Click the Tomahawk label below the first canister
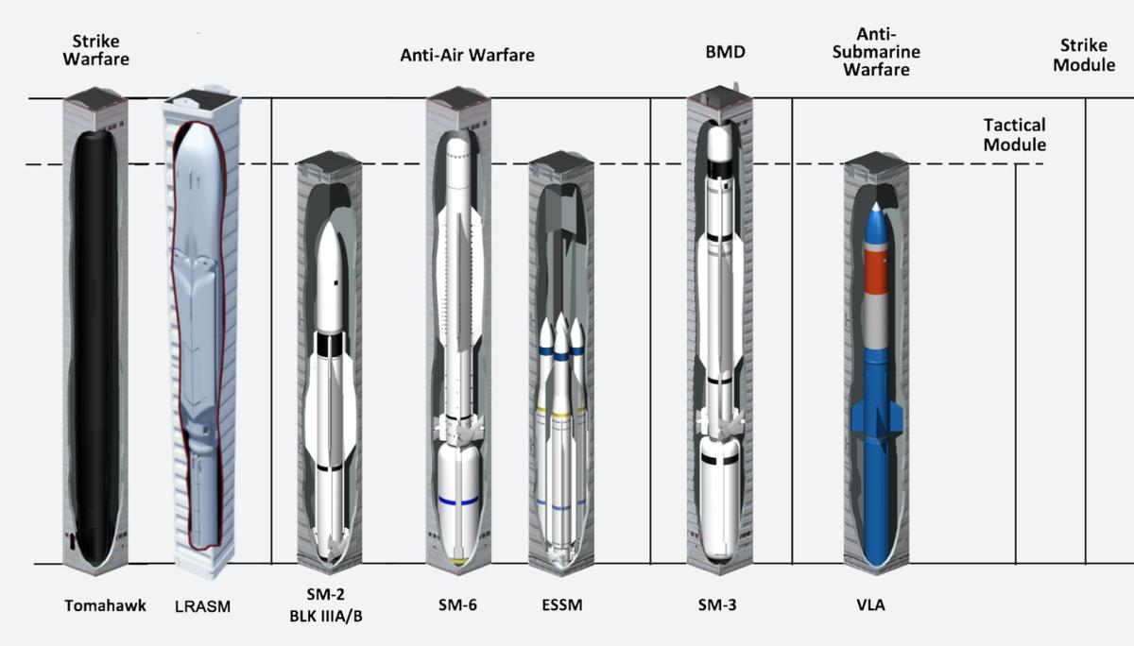click(x=105, y=605)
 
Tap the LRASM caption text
click(x=203, y=606)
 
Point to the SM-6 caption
click(x=456, y=605)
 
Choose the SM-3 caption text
click(x=717, y=605)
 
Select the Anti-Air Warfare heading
click(x=467, y=55)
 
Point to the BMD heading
click(x=726, y=52)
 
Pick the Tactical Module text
click(x=1014, y=135)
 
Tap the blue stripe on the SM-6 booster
click(x=457, y=501)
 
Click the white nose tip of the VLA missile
click(x=877, y=207)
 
